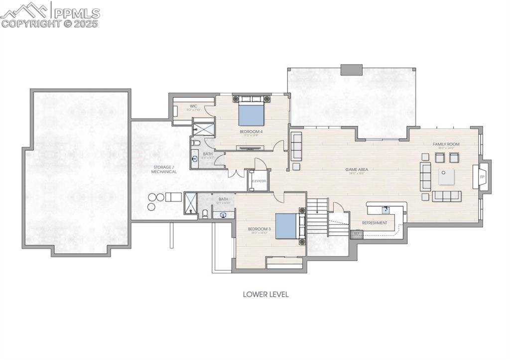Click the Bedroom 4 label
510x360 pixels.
[251, 132]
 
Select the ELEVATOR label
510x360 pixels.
[258, 181]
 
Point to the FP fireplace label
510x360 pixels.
[482, 177]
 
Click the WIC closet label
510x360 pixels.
[194, 106]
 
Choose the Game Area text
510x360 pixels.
[356, 170]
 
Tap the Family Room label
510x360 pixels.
[446, 144]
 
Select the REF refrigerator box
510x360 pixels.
[357, 233]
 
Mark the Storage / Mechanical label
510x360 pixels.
[164, 169]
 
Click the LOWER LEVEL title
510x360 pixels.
[265, 294]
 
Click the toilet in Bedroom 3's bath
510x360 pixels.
[205, 214]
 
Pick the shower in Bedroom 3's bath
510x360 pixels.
[191, 203]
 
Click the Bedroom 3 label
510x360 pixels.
[259, 229]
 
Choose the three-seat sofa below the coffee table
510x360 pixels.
[446, 196]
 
